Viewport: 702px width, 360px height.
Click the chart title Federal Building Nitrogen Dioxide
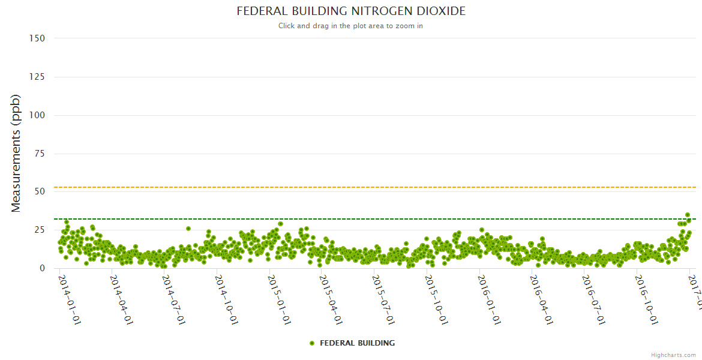[351, 11]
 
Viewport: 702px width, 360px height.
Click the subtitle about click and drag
[351, 26]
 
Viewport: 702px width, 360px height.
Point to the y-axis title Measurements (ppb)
[16, 153]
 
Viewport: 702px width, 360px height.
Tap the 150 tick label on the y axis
[37, 38]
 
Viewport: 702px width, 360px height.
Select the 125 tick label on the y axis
[37, 77]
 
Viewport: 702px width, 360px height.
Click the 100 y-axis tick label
[37, 115]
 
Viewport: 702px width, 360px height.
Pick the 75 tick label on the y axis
[40, 154]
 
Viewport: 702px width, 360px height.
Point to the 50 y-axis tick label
[40, 192]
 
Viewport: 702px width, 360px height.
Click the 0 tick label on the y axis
[42, 269]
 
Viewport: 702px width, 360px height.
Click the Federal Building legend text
[357, 343]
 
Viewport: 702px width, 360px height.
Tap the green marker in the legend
[312, 343]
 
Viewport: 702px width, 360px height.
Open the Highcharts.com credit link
[673, 355]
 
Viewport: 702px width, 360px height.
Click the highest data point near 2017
[688, 215]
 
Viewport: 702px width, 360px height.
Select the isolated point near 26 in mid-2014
[188, 229]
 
